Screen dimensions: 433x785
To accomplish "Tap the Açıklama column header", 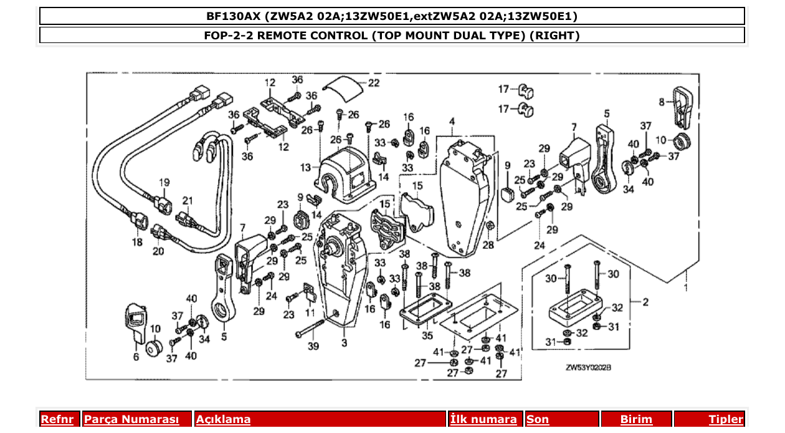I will pyautogui.click(x=223, y=419).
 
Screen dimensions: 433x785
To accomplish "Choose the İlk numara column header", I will pyautogui.click(x=483, y=419).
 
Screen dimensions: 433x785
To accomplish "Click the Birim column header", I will pyautogui.click(x=636, y=419).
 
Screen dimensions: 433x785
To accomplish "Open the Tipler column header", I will pyautogui.click(x=726, y=419).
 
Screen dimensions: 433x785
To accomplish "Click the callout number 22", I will pyautogui.click(x=373, y=83).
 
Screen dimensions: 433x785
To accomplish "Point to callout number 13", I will pyautogui.click(x=305, y=167).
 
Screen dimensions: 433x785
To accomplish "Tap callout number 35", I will pyautogui.click(x=426, y=336).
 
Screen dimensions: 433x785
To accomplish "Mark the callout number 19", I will pyautogui.click(x=164, y=183).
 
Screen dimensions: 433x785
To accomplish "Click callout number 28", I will pyautogui.click(x=488, y=245).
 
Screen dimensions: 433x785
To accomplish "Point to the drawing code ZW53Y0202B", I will pyautogui.click(x=588, y=368).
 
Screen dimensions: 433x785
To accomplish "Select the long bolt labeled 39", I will pyautogui.click(x=315, y=328).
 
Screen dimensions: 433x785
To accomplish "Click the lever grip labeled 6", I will pyautogui.click(x=135, y=319).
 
